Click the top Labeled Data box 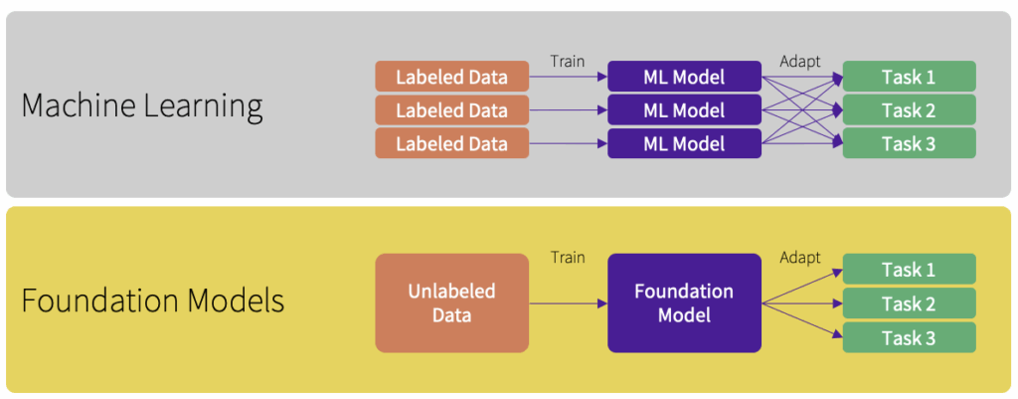[x=451, y=77]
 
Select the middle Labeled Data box [x=451, y=110]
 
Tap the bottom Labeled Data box [x=451, y=144]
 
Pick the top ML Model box [x=684, y=77]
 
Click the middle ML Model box [x=684, y=110]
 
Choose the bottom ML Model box [x=684, y=144]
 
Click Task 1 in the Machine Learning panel [x=909, y=77]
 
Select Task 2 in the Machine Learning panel [x=909, y=110]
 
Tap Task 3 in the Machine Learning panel [x=909, y=144]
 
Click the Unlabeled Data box [x=451, y=302]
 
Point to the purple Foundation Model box [x=684, y=302]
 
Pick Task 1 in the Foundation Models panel [x=909, y=270]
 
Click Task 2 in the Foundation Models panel [x=909, y=303]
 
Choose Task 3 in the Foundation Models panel [x=909, y=337]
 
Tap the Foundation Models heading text [x=153, y=300]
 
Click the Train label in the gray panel [x=568, y=62]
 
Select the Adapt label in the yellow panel [x=800, y=258]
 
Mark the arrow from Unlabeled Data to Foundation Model [x=568, y=302]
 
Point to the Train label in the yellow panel [x=568, y=258]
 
